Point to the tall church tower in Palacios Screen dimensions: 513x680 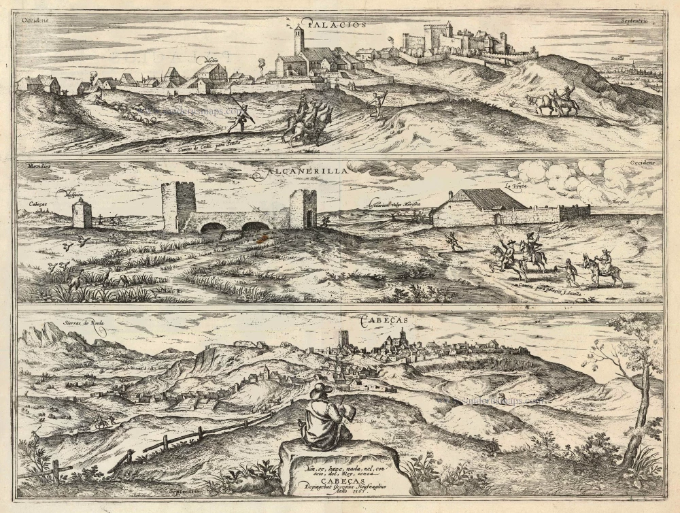(299, 40)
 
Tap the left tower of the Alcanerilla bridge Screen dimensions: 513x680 (178, 206)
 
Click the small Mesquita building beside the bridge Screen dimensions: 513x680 (82, 214)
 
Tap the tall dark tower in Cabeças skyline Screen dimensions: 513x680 (343, 339)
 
